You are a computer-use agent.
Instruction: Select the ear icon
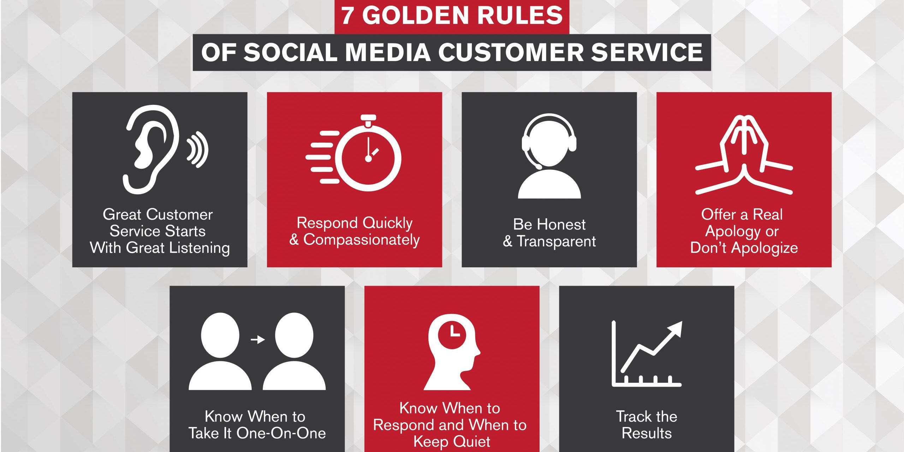click(151, 149)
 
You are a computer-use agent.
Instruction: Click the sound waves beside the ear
click(197, 149)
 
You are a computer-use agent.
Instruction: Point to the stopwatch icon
click(353, 153)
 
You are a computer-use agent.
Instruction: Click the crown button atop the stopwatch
click(368, 118)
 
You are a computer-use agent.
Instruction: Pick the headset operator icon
click(549, 156)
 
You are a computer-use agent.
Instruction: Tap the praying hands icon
click(744, 154)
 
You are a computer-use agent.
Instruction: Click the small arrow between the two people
click(258, 340)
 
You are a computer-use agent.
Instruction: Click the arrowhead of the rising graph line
click(675, 328)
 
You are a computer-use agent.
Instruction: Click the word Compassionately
click(362, 240)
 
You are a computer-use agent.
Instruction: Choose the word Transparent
click(556, 242)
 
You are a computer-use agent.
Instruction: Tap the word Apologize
click(765, 248)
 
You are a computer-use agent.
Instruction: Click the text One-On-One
click(281, 433)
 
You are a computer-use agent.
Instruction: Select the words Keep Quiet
click(452, 442)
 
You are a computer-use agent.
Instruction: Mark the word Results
click(647, 433)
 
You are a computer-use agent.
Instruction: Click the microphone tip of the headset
click(538, 166)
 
